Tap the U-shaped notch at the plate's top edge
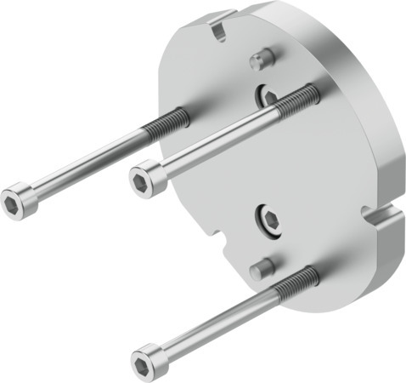pyautogui.click(x=220, y=30)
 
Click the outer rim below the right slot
pyautogui.click(x=374, y=255)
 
